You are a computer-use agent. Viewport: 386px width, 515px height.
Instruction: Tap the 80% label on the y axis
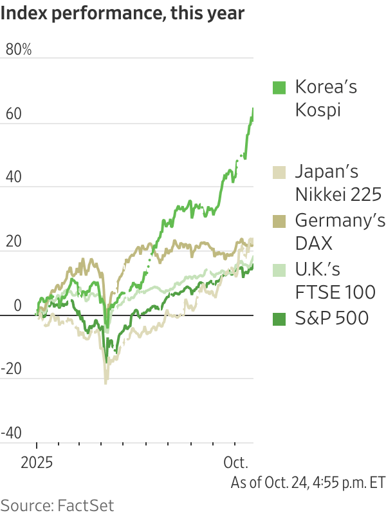click(19, 50)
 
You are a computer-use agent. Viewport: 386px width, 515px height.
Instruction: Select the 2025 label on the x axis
click(36, 462)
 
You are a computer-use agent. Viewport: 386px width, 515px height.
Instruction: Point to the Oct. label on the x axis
click(235, 462)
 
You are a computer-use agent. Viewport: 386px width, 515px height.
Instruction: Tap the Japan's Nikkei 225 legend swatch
click(279, 173)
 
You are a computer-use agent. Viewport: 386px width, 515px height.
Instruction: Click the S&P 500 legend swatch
click(279, 317)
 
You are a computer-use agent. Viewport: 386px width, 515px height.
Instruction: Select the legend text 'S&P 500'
click(331, 317)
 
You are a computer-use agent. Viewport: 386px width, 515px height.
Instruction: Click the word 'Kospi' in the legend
click(317, 109)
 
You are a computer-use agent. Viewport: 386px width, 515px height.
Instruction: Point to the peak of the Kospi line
click(253, 108)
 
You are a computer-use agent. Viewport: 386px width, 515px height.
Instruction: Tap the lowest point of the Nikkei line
click(106, 384)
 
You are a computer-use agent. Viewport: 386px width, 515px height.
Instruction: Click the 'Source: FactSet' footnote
click(57, 503)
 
